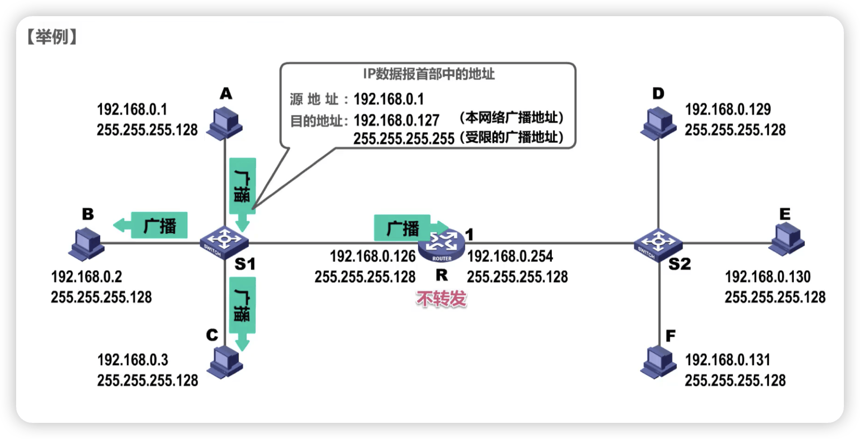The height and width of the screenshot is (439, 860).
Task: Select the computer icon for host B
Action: pos(86,244)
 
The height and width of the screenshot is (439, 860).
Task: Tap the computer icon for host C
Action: pos(225,363)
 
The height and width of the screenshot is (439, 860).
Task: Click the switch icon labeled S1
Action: pos(224,242)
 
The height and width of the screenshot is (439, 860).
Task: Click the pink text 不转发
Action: pos(441,299)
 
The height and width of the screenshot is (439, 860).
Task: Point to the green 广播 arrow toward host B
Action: pos(150,225)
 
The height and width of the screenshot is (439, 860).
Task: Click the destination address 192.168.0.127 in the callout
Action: pos(396,120)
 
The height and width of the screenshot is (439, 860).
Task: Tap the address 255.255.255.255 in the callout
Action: pos(404,139)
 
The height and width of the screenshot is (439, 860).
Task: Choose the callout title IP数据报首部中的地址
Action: pos(429,74)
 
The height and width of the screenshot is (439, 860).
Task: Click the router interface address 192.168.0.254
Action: pos(510,256)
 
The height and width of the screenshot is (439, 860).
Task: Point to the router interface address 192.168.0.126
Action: pos(373,256)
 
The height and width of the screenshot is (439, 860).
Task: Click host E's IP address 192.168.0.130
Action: pos(767,277)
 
